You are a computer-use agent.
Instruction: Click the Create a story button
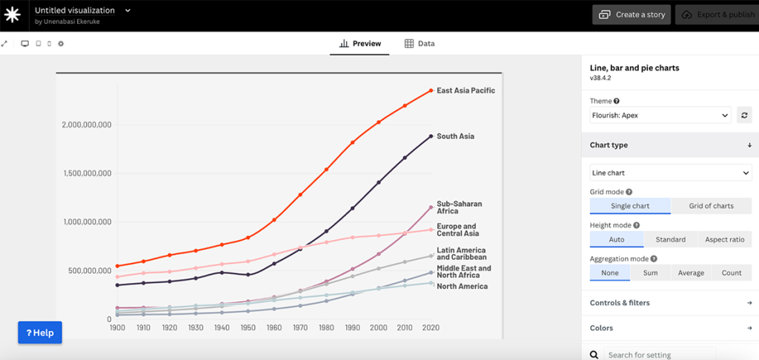click(x=632, y=15)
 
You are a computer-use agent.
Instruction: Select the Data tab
click(x=419, y=44)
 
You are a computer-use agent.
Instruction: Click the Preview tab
click(x=360, y=44)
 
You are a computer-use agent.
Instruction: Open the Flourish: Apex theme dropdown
click(x=660, y=115)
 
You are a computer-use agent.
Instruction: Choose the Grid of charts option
click(x=711, y=206)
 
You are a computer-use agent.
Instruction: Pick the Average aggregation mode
click(x=691, y=273)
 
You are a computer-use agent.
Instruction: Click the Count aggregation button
click(x=731, y=273)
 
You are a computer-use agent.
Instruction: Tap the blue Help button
click(x=40, y=333)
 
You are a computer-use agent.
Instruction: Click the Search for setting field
click(x=658, y=355)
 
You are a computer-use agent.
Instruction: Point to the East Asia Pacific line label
click(x=465, y=90)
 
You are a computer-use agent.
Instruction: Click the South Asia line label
click(x=455, y=136)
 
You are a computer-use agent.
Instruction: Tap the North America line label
click(x=462, y=286)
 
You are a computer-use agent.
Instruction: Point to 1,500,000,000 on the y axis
click(x=86, y=173)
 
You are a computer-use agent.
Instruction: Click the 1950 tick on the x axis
click(x=248, y=327)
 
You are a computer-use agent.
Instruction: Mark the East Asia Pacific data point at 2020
click(x=431, y=90)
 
